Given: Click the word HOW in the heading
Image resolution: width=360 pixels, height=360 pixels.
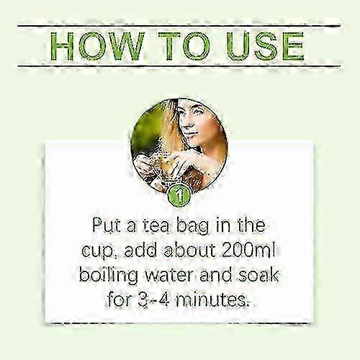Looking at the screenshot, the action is (x=98, y=45).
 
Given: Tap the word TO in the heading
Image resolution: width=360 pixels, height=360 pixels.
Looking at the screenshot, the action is (x=184, y=45).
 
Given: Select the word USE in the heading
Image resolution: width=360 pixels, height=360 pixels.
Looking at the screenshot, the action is (x=266, y=45).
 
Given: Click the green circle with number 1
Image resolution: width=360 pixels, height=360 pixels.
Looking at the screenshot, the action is (x=179, y=197).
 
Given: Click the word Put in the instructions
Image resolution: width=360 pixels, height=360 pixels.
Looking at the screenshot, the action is (x=107, y=225).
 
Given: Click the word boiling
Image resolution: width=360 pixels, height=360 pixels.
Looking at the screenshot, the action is (x=109, y=276).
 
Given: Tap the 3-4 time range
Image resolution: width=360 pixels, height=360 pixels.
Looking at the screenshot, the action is (x=153, y=300).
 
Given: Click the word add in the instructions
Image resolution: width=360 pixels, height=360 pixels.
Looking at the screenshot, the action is (x=140, y=251).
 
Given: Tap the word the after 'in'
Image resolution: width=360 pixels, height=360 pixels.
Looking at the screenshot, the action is (x=251, y=225).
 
